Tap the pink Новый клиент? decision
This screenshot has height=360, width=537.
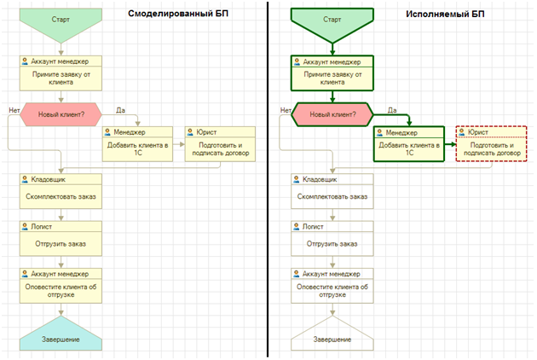click(x=61, y=113)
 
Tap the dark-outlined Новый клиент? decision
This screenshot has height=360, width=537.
click(x=332, y=113)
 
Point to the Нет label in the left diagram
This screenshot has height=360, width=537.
click(x=14, y=109)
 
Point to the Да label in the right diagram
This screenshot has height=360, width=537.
click(x=392, y=109)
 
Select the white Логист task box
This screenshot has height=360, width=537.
click(x=332, y=238)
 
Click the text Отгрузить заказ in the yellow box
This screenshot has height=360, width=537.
click(x=61, y=243)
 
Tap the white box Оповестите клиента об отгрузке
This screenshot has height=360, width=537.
click(x=332, y=286)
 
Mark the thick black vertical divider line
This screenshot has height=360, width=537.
click(x=268, y=179)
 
